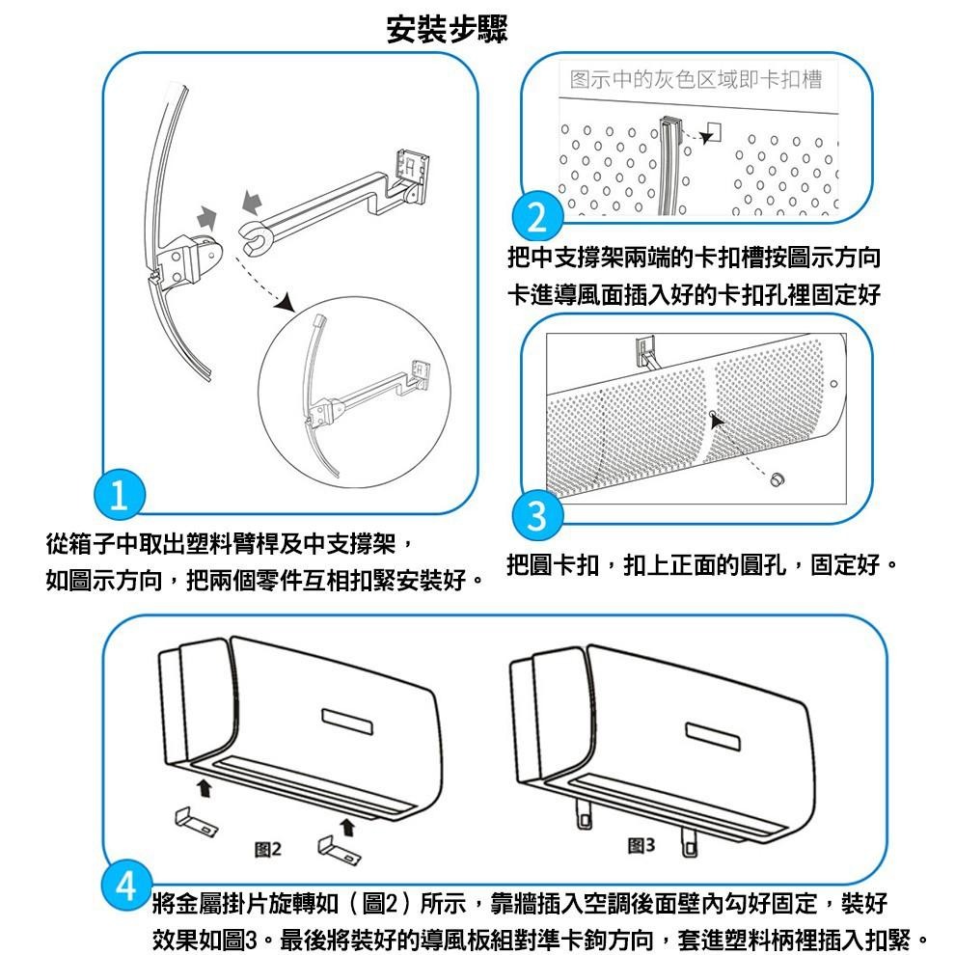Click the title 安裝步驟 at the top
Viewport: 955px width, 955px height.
tap(447, 30)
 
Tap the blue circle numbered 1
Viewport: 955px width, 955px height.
tap(118, 496)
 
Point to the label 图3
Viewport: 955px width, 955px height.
tap(641, 846)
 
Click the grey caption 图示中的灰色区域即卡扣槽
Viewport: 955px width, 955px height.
tap(696, 80)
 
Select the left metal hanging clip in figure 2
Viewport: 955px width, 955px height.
tap(196, 821)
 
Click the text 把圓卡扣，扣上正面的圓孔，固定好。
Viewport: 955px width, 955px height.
tap(703, 563)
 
